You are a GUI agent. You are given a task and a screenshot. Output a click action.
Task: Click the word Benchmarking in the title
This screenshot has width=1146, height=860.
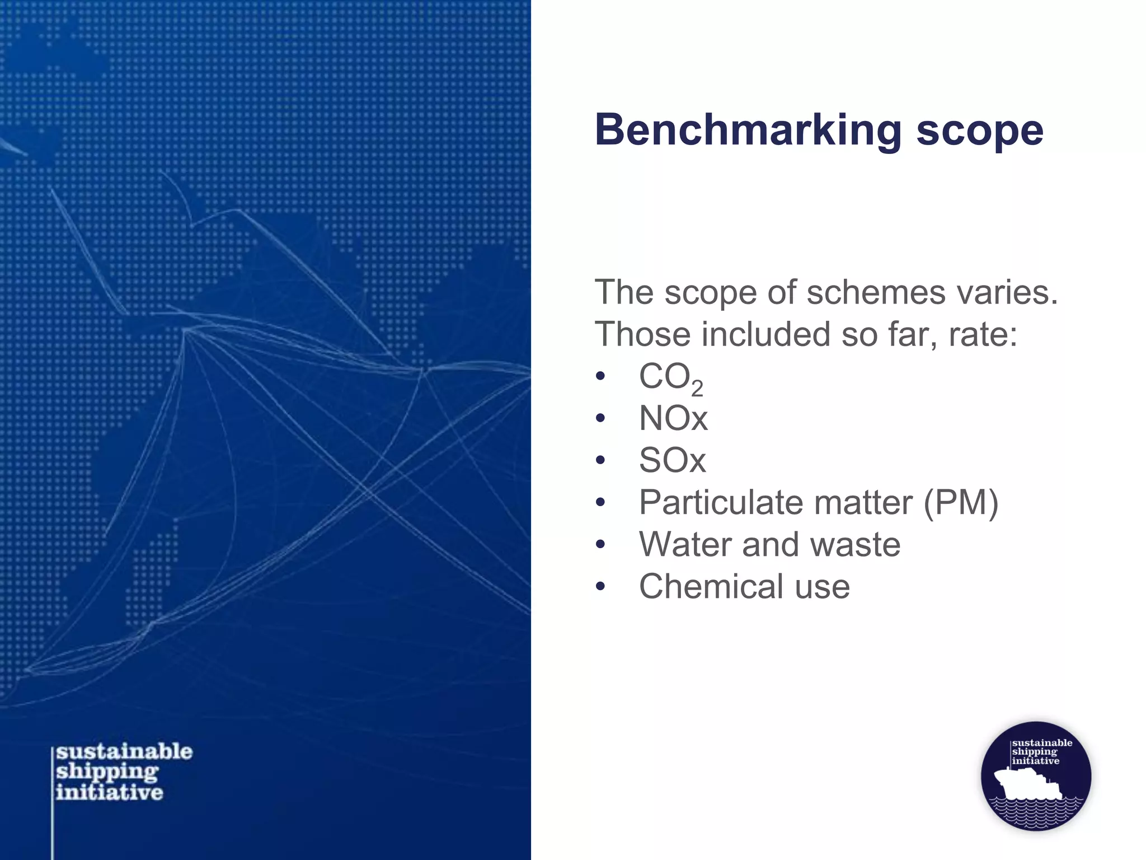pyautogui.click(x=748, y=131)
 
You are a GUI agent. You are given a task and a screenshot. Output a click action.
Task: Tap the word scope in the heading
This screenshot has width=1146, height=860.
pyautogui.click(x=979, y=131)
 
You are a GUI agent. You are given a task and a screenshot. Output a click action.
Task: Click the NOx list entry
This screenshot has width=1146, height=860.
pyautogui.click(x=673, y=418)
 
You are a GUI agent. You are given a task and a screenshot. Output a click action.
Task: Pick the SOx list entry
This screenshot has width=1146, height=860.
pyautogui.click(x=672, y=460)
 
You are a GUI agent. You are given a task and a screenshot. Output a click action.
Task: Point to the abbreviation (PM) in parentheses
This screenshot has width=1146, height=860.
pyautogui.click(x=960, y=502)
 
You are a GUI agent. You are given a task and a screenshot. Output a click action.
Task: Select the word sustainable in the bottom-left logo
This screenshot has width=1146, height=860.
pyautogui.click(x=124, y=751)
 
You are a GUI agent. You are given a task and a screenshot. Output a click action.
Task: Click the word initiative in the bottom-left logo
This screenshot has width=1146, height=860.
pyautogui.click(x=110, y=792)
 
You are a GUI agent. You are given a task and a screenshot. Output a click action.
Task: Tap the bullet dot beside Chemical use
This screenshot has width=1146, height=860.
pyautogui.click(x=600, y=587)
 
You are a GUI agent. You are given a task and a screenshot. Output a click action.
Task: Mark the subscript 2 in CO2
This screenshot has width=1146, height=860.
pyautogui.click(x=697, y=388)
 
